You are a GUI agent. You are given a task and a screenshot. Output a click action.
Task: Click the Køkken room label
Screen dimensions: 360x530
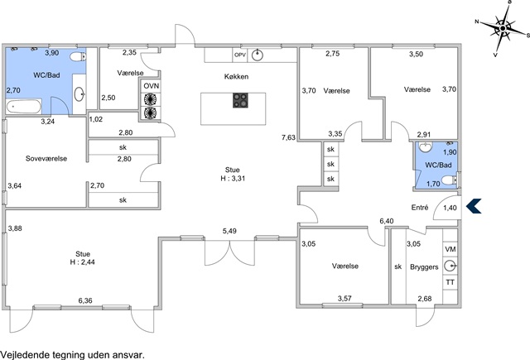(236, 77)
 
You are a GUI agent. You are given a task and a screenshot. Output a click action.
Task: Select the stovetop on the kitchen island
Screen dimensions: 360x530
(241, 101)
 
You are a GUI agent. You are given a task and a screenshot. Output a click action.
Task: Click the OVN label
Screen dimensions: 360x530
(151, 86)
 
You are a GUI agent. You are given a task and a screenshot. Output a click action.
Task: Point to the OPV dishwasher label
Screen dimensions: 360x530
(240, 55)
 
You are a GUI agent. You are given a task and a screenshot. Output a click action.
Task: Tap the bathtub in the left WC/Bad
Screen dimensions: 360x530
(23, 107)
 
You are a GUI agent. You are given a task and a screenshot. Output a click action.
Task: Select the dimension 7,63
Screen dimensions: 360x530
(288, 137)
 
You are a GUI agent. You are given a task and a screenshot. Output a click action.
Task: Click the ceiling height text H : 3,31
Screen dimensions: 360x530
(225, 178)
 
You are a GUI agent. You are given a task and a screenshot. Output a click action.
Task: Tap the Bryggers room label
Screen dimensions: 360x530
(424, 266)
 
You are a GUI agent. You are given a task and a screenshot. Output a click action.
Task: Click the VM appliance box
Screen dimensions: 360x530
(450, 249)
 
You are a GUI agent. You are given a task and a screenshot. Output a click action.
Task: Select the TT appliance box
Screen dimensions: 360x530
(450, 282)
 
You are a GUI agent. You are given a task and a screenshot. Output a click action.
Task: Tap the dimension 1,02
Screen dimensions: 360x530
(96, 120)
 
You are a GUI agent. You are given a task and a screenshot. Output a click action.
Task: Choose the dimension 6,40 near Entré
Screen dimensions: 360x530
(386, 221)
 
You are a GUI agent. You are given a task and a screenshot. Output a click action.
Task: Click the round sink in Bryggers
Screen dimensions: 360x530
(450, 266)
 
